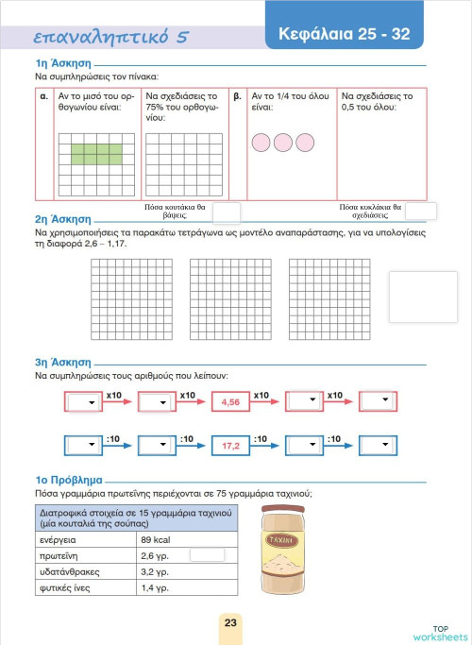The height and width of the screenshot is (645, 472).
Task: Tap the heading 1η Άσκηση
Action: tap(56, 63)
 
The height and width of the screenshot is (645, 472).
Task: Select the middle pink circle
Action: tap(282, 143)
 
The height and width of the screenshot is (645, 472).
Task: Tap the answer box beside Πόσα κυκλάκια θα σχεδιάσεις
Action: tap(420, 212)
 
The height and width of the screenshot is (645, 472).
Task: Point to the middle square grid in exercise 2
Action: tap(230, 300)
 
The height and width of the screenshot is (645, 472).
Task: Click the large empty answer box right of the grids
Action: tap(422, 296)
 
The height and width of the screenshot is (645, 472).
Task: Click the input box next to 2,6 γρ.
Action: tap(207, 555)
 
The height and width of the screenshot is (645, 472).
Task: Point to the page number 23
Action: tap(230, 623)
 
